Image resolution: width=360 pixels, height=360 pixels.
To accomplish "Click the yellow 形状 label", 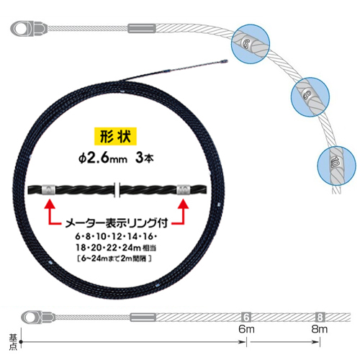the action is (115, 136).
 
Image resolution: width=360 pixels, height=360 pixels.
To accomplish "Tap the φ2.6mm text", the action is (103, 158).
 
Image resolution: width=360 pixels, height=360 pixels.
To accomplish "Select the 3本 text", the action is (144, 158).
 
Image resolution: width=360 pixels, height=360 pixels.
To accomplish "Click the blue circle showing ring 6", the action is (251, 44).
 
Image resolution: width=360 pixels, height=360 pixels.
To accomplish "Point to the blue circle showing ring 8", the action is (310, 97).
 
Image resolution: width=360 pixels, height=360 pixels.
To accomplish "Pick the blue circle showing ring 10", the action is (336, 166).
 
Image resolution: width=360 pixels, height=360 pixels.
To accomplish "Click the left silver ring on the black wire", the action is (49, 190).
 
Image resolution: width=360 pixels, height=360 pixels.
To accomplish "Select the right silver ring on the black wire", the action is (184, 189).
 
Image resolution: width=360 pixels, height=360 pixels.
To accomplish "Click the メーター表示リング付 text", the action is (117, 223).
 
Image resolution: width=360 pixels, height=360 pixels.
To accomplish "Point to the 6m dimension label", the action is (246, 329).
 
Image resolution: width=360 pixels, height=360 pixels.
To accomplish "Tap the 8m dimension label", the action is (320, 329).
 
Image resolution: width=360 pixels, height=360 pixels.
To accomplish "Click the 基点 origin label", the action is (13, 342).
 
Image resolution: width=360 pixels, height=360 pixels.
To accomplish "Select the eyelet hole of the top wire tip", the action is (20, 29).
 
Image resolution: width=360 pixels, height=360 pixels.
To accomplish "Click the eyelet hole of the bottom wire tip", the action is (32, 318).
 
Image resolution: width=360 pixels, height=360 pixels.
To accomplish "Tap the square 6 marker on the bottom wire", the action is (246, 318).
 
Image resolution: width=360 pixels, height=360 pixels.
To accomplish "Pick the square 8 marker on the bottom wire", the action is (320, 318).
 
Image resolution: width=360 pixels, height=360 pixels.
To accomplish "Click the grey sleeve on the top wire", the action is (142, 28).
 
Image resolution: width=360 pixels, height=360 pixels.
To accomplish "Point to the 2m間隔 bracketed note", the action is (114, 258).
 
